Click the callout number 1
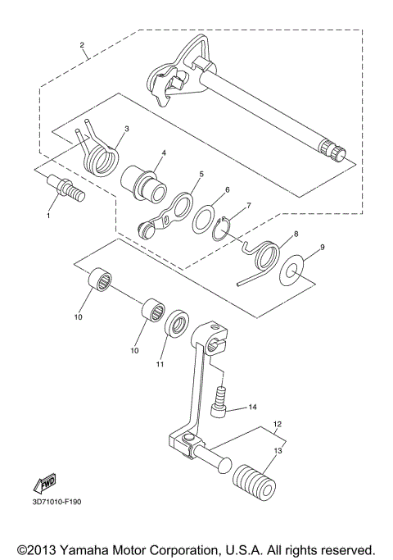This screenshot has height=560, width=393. (x=48, y=215)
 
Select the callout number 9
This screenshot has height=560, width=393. (x=322, y=247)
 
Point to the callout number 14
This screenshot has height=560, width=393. (x=252, y=407)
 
